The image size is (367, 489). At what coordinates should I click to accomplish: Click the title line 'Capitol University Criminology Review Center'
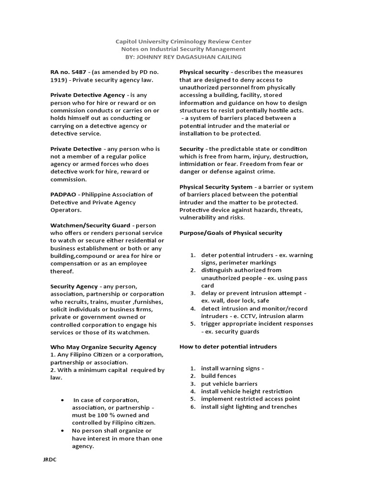pos(184,42)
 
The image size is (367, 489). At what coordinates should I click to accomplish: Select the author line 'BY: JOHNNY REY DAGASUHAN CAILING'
pos(184,57)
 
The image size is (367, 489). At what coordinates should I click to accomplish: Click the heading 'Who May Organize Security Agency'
pos(103,347)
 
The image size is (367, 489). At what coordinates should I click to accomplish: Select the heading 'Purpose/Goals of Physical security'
pos(231,233)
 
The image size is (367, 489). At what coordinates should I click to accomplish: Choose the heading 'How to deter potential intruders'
pos(228,346)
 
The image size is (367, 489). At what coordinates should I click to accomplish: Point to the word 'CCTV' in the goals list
pos(254,316)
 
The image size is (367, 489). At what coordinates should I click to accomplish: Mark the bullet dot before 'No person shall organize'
pos(63,431)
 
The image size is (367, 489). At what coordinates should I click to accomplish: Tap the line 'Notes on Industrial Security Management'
pos(184,49)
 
